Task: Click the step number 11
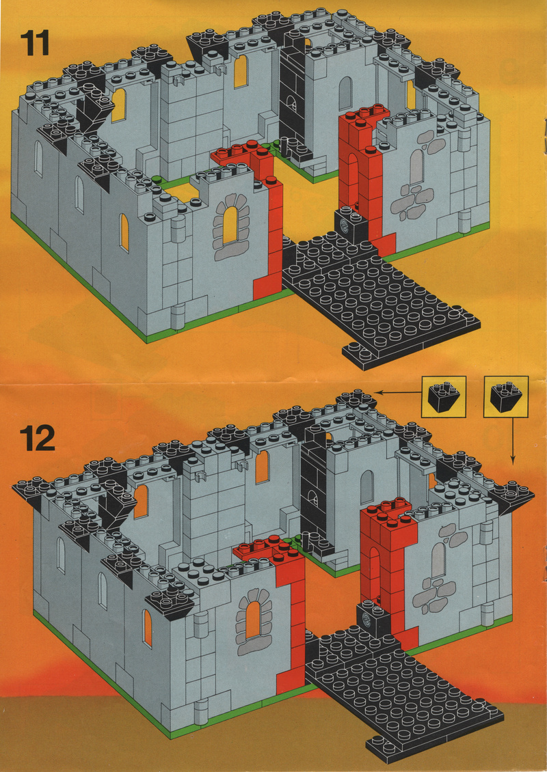(35, 43)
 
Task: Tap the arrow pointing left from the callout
(399, 392)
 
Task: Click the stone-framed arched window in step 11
(230, 226)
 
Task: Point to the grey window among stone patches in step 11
(416, 167)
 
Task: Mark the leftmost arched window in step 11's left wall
(38, 158)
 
